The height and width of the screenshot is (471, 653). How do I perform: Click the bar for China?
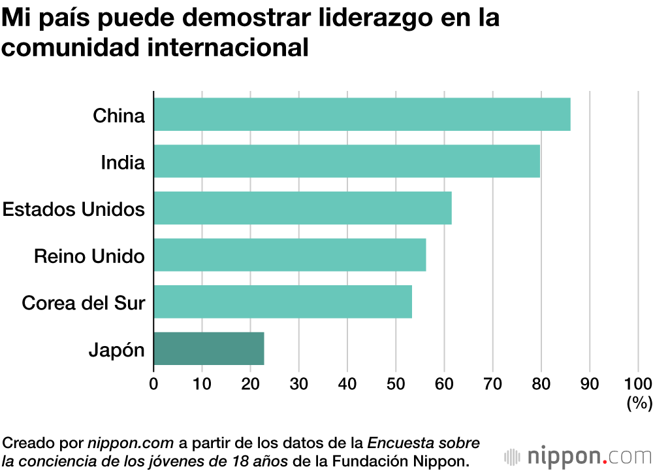tap(362, 114)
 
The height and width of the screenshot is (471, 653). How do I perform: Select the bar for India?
tap(347, 162)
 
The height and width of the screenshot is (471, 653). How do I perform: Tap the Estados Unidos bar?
tap(302, 208)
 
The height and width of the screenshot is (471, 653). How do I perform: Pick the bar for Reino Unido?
tap(290, 255)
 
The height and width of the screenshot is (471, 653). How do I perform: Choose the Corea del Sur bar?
tap(283, 302)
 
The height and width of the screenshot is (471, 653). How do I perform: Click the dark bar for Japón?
tap(209, 348)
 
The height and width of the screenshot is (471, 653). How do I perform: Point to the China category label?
tap(118, 116)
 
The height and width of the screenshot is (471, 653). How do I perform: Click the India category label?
tap(122, 162)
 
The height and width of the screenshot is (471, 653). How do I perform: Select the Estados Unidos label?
tap(74, 209)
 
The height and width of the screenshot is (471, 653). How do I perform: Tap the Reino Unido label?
tap(89, 256)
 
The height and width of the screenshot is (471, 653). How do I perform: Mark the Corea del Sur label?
tap(83, 303)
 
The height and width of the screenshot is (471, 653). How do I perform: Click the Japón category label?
tap(116, 350)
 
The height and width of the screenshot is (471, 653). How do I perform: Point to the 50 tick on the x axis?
tap(396, 383)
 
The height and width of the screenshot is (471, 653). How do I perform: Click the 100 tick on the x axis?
tap(638, 383)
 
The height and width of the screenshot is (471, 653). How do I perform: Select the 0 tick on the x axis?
tap(153, 383)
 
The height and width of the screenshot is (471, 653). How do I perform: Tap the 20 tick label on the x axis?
tap(250, 383)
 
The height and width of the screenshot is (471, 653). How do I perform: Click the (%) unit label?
tap(639, 404)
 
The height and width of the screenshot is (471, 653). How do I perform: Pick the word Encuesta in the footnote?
tap(394, 442)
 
